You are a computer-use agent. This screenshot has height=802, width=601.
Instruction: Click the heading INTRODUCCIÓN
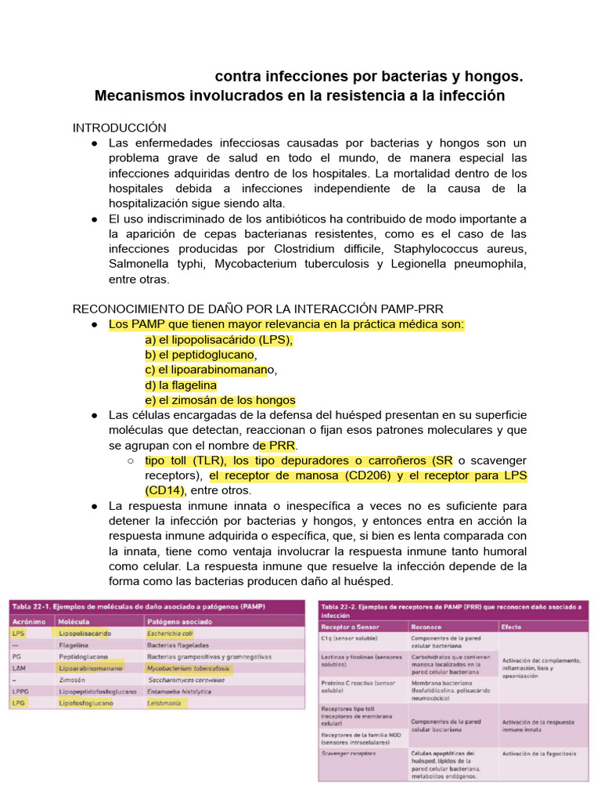[x=120, y=128]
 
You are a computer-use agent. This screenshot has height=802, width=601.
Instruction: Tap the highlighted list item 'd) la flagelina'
[x=181, y=385]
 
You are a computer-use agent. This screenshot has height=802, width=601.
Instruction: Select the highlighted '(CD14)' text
[x=164, y=490]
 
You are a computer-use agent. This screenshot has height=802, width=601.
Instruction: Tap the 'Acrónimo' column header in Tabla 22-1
[x=28, y=620]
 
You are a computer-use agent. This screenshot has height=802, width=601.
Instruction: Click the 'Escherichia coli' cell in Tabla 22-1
[x=170, y=633]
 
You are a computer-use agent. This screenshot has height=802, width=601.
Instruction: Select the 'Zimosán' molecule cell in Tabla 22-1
[x=73, y=680]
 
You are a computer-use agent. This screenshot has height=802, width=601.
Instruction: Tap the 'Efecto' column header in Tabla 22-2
[x=512, y=627]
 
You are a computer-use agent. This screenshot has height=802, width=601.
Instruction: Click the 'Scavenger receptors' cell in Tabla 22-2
[x=349, y=753]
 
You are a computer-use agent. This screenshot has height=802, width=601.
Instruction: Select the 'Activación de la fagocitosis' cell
[x=539, y=753]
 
